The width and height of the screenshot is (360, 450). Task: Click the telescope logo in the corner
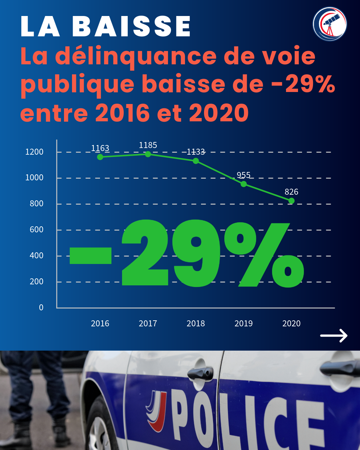330,24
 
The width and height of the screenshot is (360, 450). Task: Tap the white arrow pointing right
334,335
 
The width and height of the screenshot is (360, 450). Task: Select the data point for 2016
100,157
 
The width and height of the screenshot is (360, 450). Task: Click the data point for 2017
148,154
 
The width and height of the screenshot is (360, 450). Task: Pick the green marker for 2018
196,161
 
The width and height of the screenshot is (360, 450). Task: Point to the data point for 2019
244,184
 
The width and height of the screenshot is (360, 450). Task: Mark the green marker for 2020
291,201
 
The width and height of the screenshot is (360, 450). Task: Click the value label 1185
148,145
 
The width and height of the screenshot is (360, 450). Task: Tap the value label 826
291,192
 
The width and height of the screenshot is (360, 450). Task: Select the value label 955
244,175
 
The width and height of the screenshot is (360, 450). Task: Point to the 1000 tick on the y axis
34,178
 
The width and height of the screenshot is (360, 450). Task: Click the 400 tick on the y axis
36,256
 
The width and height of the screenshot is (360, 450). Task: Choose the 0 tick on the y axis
41,308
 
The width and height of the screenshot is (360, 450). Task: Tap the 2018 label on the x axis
196,323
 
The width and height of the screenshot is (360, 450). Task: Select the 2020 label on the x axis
291,323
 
